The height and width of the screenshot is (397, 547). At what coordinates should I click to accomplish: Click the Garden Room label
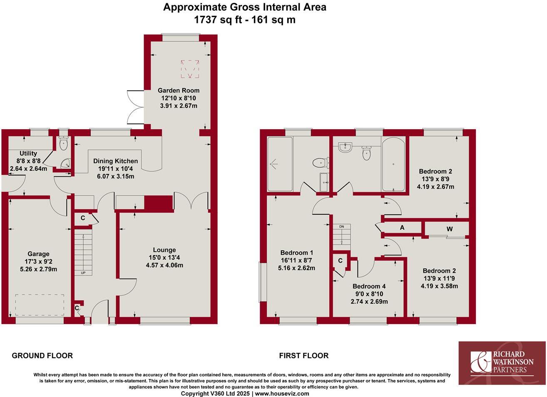point(179,90)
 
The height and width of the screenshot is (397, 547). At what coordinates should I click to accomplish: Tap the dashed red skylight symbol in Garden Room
point(190,69)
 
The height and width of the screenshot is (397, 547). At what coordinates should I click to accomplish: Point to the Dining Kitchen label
point(115,161)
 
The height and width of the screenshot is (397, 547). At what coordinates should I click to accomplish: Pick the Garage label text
point(38,254)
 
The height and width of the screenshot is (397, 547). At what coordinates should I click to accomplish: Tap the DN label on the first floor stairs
point(341,226)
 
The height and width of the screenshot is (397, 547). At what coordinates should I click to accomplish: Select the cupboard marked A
point(402,228)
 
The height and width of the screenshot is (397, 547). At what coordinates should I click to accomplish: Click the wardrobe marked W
point(450,229)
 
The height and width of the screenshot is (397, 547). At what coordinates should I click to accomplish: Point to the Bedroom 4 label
point(369,286)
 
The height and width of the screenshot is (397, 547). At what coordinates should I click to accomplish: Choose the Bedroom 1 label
point(296,253)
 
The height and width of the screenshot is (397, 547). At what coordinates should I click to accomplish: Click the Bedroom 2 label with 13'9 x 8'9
point(435,171)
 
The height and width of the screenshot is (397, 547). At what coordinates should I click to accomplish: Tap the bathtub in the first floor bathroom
point(394,164)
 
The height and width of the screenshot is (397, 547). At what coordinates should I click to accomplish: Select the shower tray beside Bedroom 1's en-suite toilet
point(280,164)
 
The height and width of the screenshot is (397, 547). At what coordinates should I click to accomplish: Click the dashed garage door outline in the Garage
point(40,305)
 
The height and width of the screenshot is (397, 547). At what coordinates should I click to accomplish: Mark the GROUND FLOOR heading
point(42,356)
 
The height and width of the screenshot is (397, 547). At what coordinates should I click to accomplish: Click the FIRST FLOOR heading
point(303,356)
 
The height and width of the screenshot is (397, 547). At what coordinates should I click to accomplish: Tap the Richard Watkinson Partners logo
point(502,362)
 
